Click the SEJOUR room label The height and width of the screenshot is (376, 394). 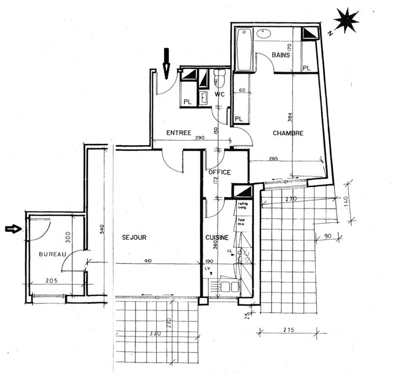134,238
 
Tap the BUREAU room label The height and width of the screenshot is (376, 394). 52,254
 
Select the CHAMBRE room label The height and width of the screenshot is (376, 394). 288,133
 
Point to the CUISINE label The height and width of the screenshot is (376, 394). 217,238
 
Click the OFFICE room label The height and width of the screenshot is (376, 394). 219,172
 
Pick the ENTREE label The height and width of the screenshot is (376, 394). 179,133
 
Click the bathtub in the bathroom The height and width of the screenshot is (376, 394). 244,49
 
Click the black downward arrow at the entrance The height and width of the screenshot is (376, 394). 166,63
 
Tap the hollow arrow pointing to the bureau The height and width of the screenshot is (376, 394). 13,228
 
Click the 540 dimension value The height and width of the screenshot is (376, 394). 102,229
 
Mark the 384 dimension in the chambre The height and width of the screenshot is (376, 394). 290,117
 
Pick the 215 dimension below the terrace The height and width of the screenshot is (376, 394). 288,329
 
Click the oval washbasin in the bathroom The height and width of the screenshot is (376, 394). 265,34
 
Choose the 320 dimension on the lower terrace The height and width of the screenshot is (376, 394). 156,333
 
